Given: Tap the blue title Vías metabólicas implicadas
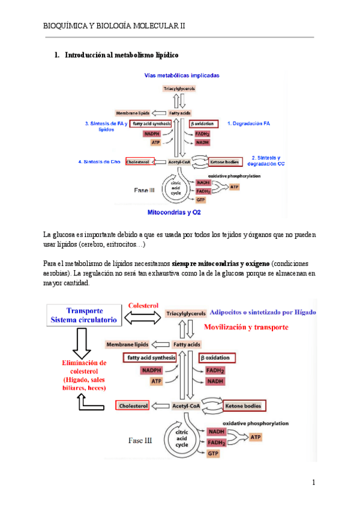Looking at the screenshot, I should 181,76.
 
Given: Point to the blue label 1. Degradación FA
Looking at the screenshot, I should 248,123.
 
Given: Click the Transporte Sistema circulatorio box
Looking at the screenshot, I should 85,316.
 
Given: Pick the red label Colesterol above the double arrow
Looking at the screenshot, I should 143,306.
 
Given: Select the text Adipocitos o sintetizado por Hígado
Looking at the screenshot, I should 263,313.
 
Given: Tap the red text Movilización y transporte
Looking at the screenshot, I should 246,327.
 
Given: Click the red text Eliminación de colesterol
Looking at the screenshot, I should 85,367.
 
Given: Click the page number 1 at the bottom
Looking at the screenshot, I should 313,483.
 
